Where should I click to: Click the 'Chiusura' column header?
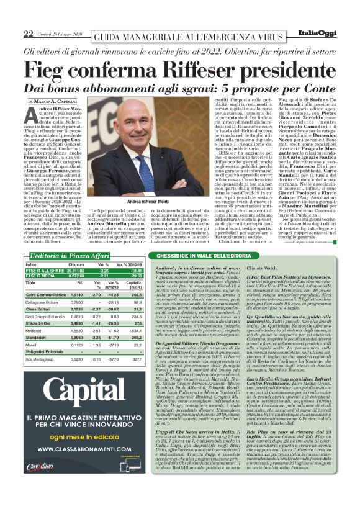(76, 264)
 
